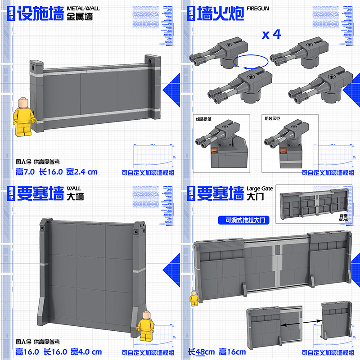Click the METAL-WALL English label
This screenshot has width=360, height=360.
coord(84,8)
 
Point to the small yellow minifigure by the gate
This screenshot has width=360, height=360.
coord(194,298)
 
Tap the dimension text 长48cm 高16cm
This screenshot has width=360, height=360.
coord(217,352)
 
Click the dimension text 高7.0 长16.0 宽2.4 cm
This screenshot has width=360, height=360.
coord(56,172)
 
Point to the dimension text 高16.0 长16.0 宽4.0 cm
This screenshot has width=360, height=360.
coord(58,352)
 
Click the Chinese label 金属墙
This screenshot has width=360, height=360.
coord(80,18)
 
